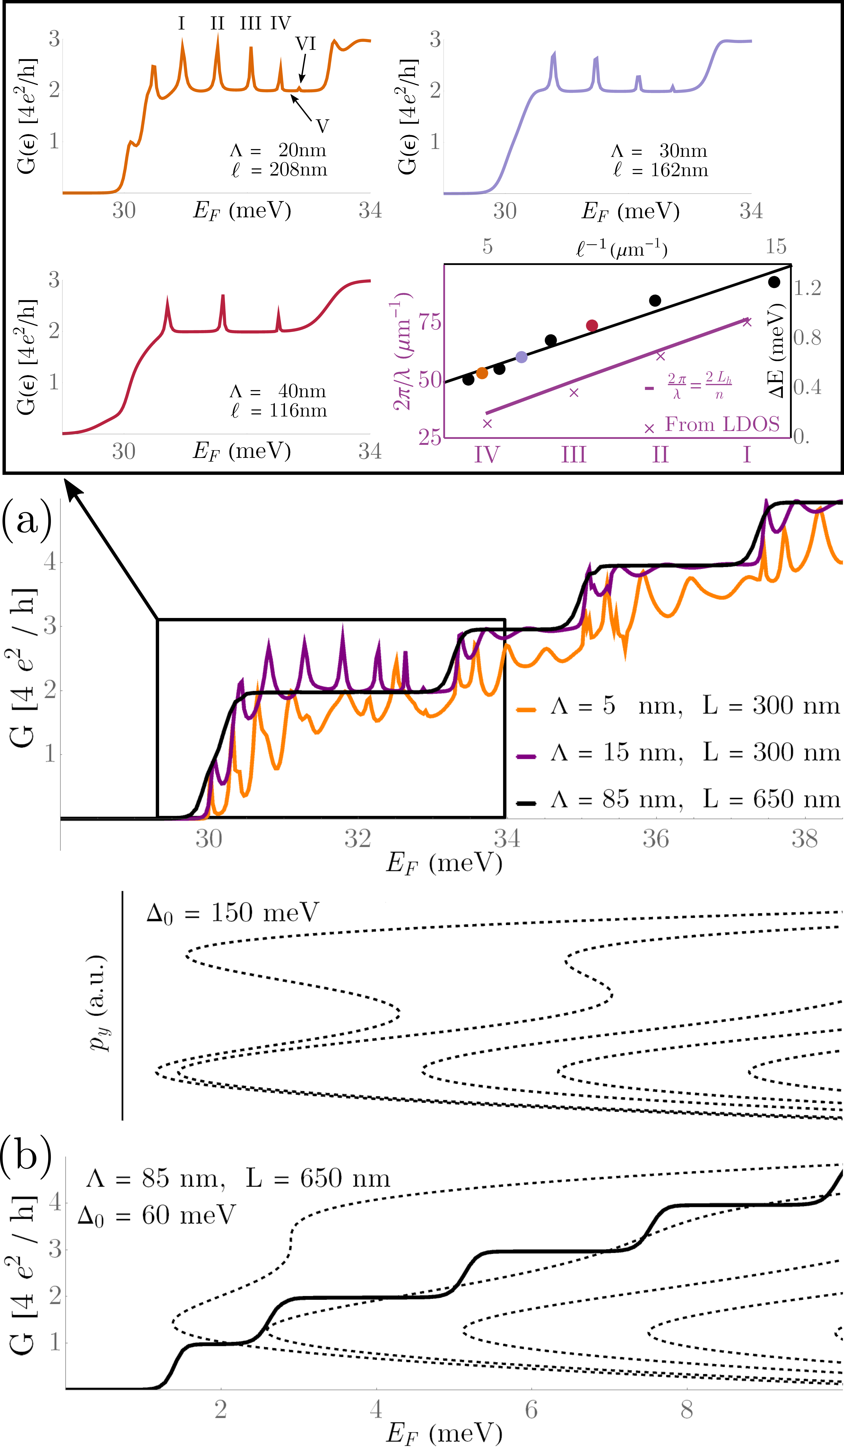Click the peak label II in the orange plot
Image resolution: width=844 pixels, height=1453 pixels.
[217, 24]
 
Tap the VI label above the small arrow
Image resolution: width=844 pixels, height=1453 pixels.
[306, 44]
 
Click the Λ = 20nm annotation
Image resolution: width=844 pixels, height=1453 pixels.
[278, 150]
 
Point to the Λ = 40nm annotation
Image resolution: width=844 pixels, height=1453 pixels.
[278, 392]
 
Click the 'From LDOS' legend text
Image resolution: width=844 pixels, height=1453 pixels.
[722, 424]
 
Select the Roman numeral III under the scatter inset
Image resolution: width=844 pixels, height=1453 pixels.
[574, 455]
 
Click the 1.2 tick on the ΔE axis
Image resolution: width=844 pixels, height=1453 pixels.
[807, 288]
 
